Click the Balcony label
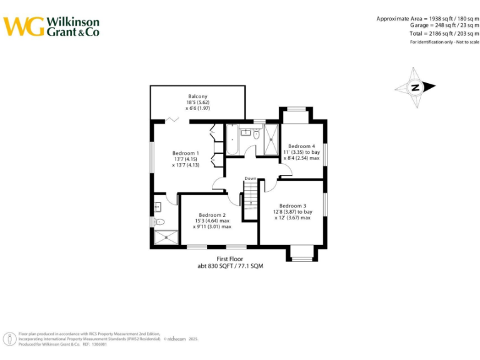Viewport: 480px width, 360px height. (x=198, y=96)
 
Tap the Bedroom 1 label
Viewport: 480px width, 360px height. (x=186, y=153)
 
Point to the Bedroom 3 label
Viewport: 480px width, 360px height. (x=292, y=206)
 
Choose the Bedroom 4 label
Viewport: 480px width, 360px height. (x=301, y=146)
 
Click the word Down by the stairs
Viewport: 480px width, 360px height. (x=250, y=179)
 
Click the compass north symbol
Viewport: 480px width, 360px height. (x=415, y=87)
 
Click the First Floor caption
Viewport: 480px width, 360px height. (x=230, y=259)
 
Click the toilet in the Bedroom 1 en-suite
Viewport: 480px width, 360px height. (x=159, y=221)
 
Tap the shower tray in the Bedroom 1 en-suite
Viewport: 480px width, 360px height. (x=166, y=237)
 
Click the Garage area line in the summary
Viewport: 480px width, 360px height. (x=437, y=26)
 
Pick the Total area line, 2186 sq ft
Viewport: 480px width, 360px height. (x=438, y=33)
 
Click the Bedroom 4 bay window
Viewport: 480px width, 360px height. (x=296, y=114)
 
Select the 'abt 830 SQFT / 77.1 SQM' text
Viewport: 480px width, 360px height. (x=230, y=266)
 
